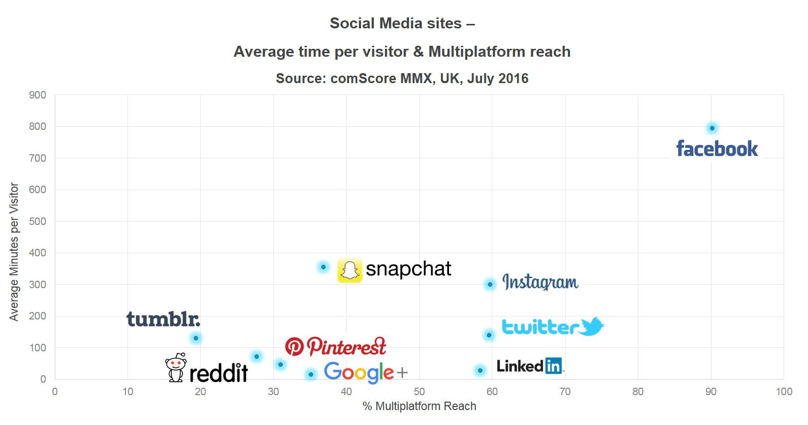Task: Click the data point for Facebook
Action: (712, 128)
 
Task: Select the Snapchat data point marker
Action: (323, 267)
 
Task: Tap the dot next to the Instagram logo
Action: (490, 284)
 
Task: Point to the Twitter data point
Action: (489, 335)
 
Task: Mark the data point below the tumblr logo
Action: (196, 338)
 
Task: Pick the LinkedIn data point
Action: (480, 370)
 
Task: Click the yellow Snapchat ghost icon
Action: (349, 271)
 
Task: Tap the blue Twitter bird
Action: (591, 326)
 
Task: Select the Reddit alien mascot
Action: (176, 368)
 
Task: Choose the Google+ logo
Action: (365, 372)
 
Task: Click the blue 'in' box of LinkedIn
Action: (553, 366)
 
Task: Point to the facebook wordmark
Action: (717, 149)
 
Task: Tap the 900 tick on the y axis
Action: (37, 95)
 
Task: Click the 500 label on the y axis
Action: (37, 221)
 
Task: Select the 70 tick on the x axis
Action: (565, 392)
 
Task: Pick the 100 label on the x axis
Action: (784, 392)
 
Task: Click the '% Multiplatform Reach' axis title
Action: (419, 406)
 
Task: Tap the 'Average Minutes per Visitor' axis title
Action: (14, 252)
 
